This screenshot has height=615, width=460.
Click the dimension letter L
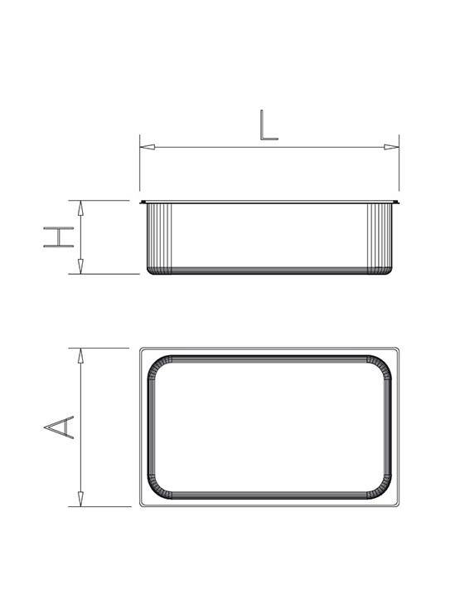coord(268,124)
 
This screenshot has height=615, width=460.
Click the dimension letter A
coord(59,427)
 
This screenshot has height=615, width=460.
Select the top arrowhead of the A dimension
coord(80,355)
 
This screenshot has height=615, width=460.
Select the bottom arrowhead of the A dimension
coord(80,499)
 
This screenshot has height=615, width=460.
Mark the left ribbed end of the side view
coord(157,237)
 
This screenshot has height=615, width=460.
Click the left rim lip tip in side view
coord(142,202)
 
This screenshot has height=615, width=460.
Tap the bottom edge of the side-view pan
coord(269,273)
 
